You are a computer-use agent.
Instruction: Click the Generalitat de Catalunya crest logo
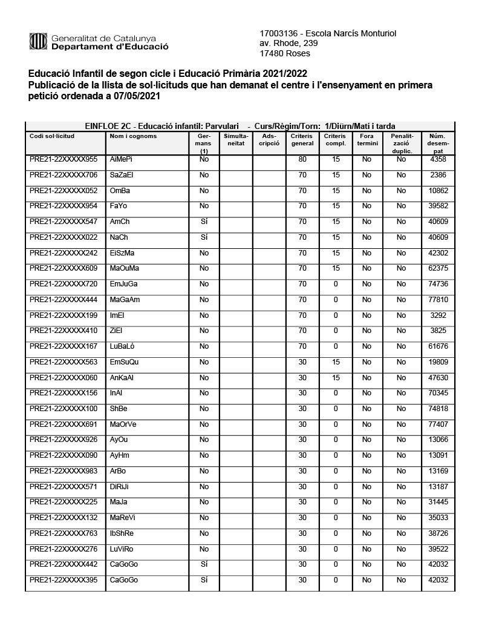point(38,42)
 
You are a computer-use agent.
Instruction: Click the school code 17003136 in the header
point(278,33)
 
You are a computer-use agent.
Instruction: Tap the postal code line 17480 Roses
point(284,53)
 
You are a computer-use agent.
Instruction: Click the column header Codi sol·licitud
point(52,136)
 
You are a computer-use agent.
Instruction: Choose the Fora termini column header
point(367,140)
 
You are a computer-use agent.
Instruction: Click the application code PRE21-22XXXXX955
point(64,159)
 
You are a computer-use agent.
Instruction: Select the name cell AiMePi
point(121,159)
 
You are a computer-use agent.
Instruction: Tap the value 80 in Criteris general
point(303,159)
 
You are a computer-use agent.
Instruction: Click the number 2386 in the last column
point(438,175)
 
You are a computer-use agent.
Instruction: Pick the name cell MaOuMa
point(125,268)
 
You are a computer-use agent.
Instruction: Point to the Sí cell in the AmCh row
point(204,222)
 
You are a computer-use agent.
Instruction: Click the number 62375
point(438,268)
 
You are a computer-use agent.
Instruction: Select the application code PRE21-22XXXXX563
point(64,362)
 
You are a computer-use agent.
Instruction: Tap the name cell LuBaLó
point(123,346)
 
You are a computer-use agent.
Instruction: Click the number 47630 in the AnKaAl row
point(438,378)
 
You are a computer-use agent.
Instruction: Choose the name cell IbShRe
point(122,533)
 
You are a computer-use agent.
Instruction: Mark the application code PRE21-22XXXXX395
point(64,580)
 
